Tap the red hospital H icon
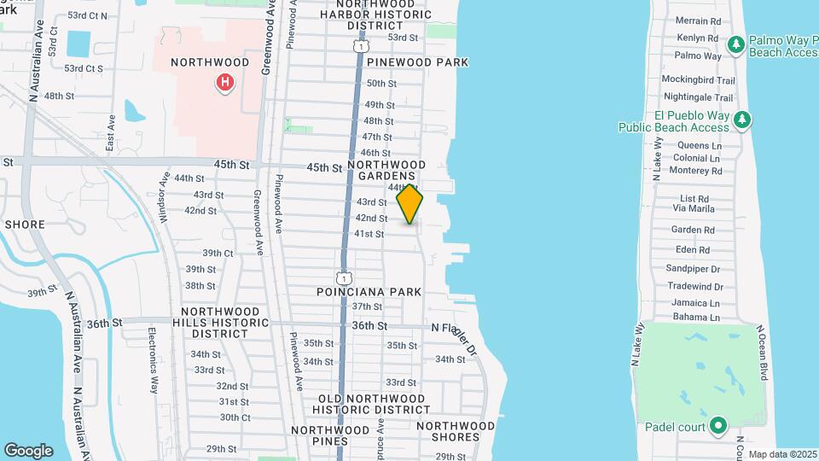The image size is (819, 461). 224,82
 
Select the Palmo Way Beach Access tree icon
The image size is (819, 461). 736,43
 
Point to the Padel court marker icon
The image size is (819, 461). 718,424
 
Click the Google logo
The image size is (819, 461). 28,451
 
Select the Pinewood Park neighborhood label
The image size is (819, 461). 418,62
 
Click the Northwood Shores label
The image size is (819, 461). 456,431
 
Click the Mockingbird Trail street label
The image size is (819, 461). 698,80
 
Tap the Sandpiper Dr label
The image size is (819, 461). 694,268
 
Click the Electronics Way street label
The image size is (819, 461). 153,348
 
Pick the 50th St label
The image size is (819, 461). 381,84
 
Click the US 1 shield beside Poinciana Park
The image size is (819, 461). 343,278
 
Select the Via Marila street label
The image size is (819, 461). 694,207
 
